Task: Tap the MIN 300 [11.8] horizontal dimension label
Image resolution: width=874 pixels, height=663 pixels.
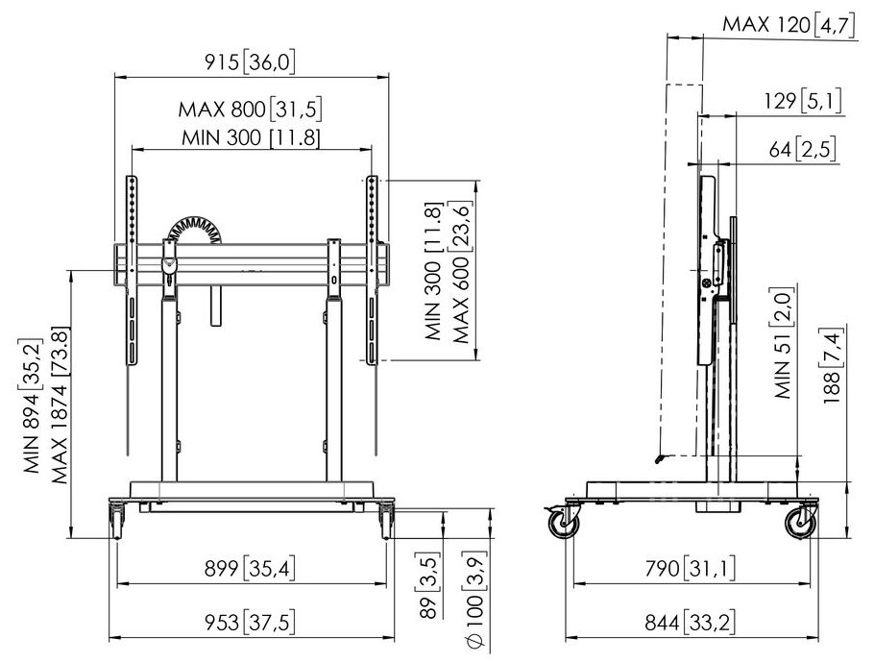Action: click(x=251, y=137)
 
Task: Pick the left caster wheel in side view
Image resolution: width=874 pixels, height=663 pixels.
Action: click(x=563, y=524)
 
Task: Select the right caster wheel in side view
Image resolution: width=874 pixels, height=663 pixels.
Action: click(x=801, y=524)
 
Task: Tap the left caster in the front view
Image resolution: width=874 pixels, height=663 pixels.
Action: click(x=118, y=520)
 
